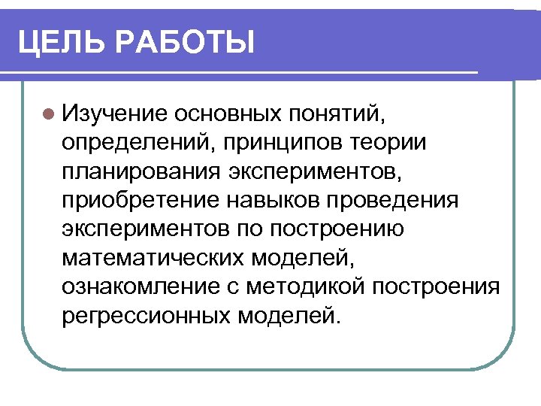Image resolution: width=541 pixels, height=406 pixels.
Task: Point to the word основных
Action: pyautogui.click(x=226, y=114)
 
